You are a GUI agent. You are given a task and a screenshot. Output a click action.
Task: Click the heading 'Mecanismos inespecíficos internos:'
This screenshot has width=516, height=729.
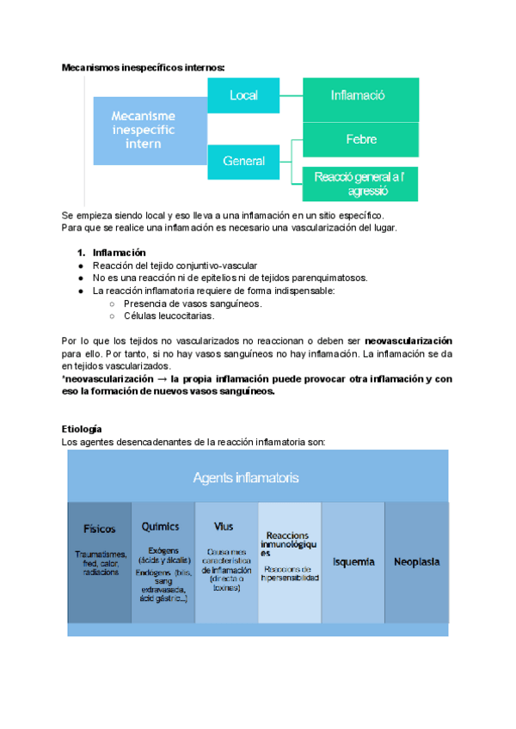[142, 66]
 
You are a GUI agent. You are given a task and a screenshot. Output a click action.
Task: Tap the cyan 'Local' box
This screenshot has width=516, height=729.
[243, 95]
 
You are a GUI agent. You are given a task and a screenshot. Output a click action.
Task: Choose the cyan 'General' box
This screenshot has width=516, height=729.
[243, 161]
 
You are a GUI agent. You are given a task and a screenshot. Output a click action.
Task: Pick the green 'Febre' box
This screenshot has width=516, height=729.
[361, 138]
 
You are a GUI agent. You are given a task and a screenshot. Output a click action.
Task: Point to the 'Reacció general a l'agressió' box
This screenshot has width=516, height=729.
[365, 184]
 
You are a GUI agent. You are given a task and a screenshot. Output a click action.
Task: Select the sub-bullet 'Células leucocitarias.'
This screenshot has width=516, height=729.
[169, 315]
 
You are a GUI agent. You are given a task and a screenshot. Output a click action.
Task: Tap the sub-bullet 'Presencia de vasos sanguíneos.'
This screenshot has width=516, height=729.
[193, 303]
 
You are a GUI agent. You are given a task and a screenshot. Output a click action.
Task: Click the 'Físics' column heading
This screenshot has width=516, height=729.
[100, 529]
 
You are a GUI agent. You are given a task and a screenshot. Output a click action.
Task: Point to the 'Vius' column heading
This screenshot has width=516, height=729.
[224, 525]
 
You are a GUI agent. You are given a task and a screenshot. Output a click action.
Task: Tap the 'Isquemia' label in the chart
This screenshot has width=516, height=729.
[353, 561]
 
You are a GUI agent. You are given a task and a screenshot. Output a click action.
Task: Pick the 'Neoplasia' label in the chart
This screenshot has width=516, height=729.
[416, 561]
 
